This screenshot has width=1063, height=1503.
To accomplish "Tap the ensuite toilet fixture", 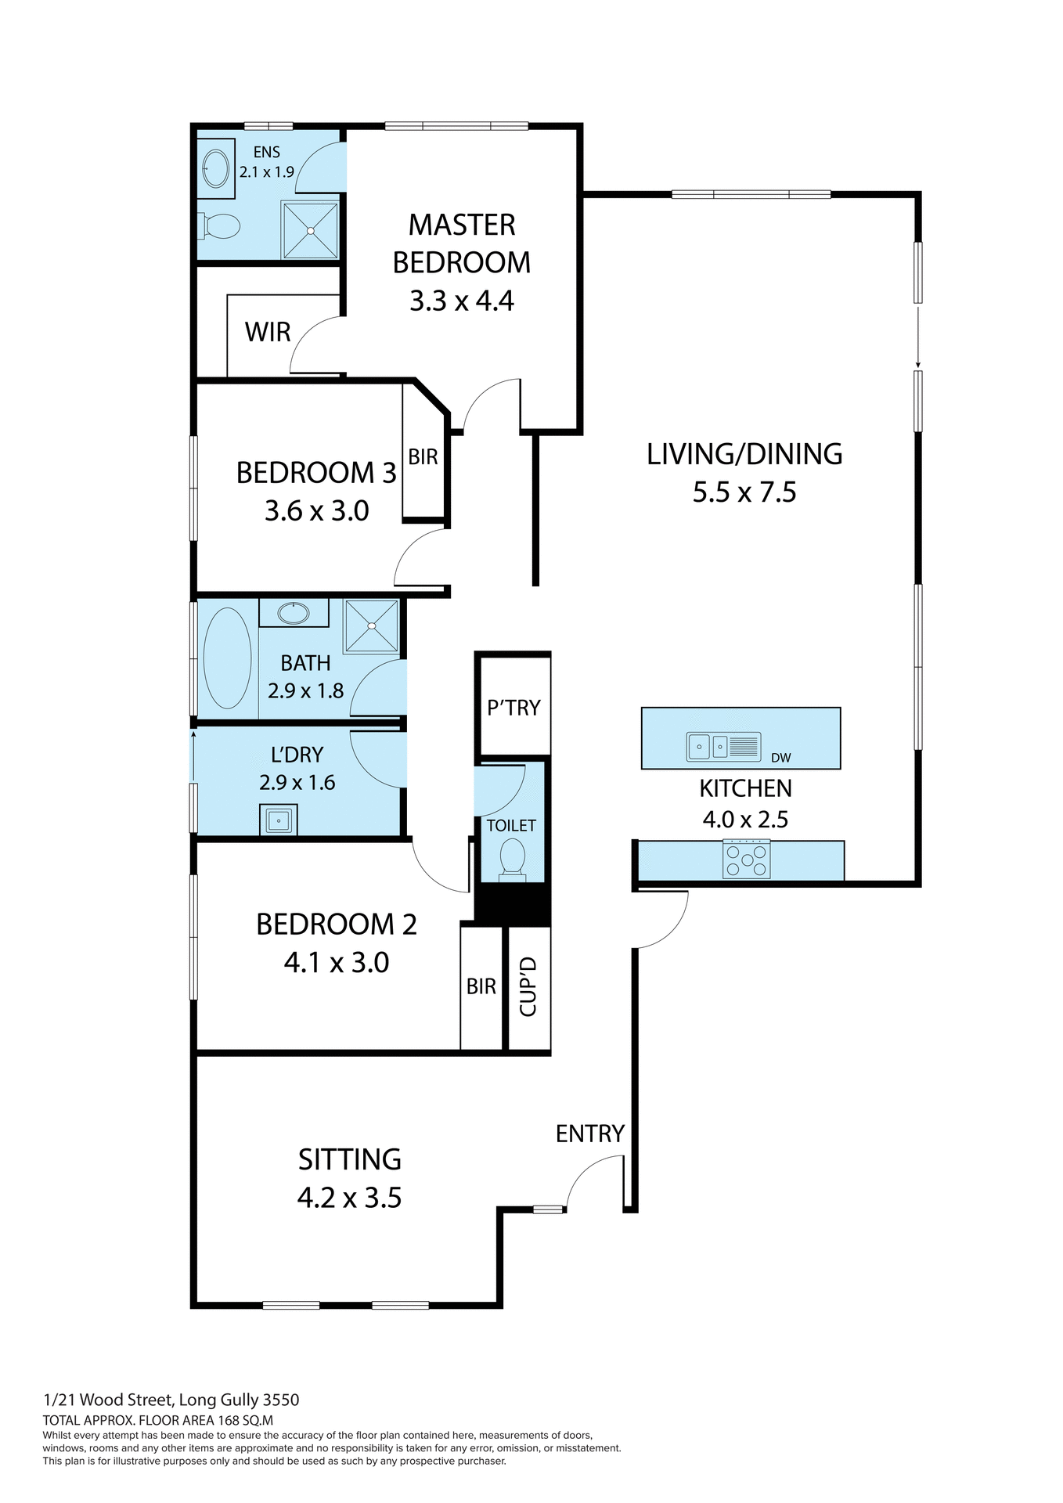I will click(x=220, y=227).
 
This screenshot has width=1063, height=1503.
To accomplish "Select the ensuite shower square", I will click(x=310, y=230).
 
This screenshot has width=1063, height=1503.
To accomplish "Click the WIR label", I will click(x=267, y=332).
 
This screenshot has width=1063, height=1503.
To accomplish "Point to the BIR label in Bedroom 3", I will click(x=423, y=457).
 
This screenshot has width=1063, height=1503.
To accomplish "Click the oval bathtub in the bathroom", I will click(x=227, y=658).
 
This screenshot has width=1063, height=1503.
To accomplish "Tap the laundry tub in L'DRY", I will click(x=278, y=821).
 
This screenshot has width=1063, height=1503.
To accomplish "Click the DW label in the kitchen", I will click(x=780, y=758).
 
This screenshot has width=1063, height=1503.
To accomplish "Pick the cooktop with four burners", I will click(x=746, y=859).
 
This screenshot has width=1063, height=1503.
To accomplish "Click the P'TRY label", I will click(x=513, y=708).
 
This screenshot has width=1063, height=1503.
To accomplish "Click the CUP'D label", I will click(x=528, y=986).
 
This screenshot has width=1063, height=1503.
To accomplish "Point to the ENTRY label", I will click(x=589, y=1134).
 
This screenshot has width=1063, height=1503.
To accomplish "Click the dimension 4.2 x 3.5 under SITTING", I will click(x=349, y=1198).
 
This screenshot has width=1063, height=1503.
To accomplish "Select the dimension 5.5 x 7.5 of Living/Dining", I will click(x=744, y=492).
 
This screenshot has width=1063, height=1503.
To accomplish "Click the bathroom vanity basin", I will click(x=294, y=613).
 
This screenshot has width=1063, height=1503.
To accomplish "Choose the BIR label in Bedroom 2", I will click(x=481, y=986).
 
